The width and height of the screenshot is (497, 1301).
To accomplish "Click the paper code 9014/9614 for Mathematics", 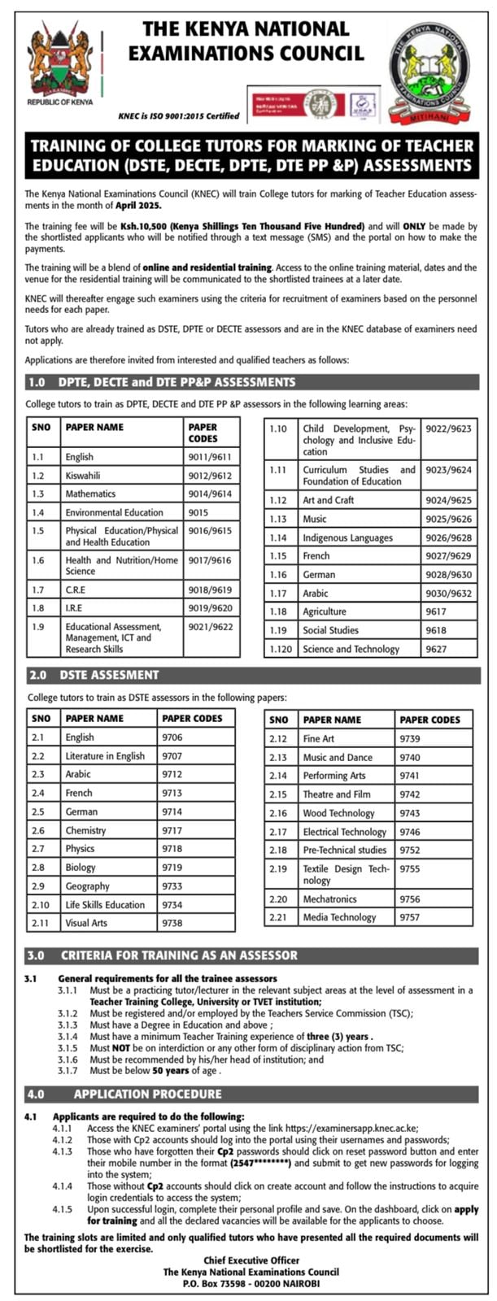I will point(210,494).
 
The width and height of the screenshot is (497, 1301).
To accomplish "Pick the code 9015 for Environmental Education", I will point(198,512).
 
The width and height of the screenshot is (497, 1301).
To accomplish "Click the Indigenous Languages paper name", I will point(347,537).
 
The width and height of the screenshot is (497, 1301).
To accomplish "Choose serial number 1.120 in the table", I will point(279,649).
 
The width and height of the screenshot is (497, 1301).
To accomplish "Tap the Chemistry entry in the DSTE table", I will point(85,830).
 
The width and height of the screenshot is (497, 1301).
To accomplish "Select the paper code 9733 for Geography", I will point(172,886).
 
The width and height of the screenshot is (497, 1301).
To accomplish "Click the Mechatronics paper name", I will point(329,899).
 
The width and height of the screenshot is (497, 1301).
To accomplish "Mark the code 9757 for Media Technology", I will point(410,917).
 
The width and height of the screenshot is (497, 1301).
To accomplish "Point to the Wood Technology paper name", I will point(338,813).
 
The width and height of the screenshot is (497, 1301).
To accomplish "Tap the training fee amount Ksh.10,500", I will point(142,225).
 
